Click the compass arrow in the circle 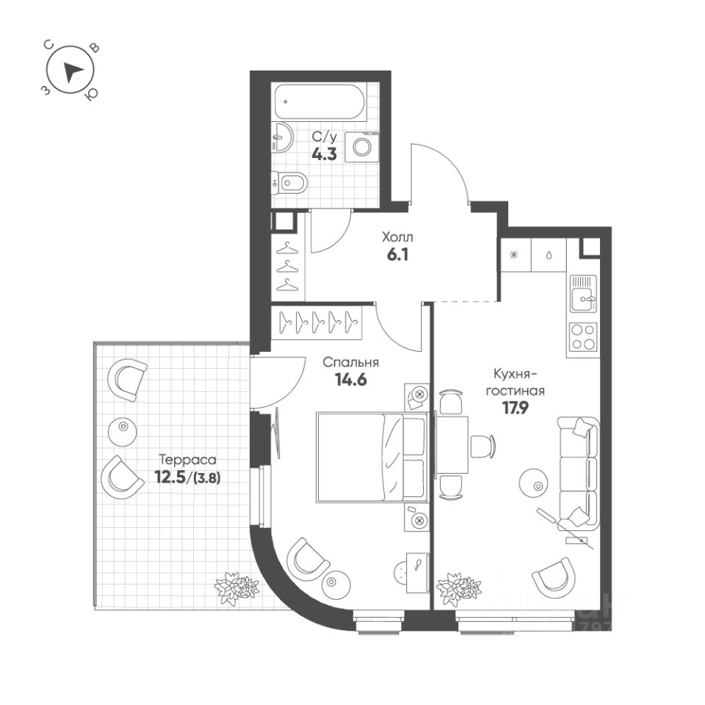pyautogui.click(x=71, y=71)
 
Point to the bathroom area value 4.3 pyautogui.click(x=324, y=153)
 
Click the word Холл pyautogui.click(x=397, y=237)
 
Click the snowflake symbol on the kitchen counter pyautogui.click(x=514, y=255)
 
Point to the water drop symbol pyautogui.click(x=549, y=255)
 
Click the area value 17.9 pyautogui.click(x=516, y=408)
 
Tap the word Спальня pyautogui.click(x=351, y=362)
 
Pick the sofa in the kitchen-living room pyautogui.click(x=579, y=472)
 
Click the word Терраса pyautogui.click(x=187, y=459)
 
